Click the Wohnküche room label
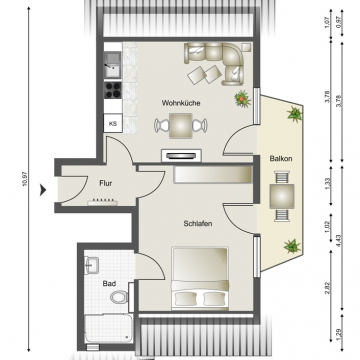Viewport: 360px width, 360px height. click(x=181, y=103)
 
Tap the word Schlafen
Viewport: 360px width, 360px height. click(x=198, y=224)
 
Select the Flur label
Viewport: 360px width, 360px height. click(x=106, y=183)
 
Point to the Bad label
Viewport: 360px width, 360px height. click(x=109, y=284)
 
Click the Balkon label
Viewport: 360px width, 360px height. click(x=281, y=159)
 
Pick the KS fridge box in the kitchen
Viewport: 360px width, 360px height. click(x=113, y=123)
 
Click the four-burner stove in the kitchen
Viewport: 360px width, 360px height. click(x=113, y=90)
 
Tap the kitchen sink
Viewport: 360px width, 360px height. click(x=113, y=65)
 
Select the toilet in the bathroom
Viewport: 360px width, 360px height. click(x=119, y=296)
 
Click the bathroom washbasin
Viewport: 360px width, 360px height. click(x=91, y=265)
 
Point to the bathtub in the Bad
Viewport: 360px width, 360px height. click(x=108, y=328)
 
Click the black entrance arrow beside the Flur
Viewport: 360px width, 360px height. click(x=43, y=190)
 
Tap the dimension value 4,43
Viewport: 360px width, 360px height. click(x=339, y=241)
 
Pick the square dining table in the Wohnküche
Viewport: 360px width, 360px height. click(x=181, y=126)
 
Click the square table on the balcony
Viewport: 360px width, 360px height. click(x=282, y=196)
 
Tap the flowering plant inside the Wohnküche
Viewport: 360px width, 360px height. click(x=242, y=99)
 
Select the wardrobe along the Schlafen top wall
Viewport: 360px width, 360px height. click(x=213, y=175)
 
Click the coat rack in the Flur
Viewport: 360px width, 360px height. click(x=102, y=201)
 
